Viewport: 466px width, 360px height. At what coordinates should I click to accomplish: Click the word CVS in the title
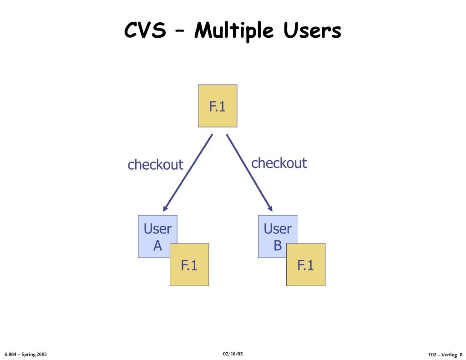pos(145,30)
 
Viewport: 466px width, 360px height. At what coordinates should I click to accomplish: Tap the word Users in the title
pos(312,30)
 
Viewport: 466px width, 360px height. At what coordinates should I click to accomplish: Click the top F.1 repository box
pos(218,106)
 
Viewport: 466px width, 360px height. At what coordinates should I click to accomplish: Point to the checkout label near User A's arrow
pos(155,164)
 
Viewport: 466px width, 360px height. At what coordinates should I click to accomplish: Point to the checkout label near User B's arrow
pos(279,163)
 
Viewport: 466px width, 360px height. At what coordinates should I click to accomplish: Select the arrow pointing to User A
pos(188,172)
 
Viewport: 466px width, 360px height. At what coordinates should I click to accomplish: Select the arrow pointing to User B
pos(248,172)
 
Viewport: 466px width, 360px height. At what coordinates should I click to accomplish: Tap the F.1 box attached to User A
pos(189,265)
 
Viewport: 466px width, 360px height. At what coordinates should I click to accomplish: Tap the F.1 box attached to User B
pos(306,265)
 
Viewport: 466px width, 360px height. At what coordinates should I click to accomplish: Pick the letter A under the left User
pos(157,246)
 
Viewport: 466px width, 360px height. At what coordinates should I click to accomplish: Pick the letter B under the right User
pos(278,246)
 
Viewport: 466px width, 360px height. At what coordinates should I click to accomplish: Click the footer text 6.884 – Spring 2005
pos(25,354)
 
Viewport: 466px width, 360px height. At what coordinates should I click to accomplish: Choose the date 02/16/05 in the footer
pos(233,354)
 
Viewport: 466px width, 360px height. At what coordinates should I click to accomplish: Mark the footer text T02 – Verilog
pos(442,355)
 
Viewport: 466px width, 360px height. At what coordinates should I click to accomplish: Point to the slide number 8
pos(461,355)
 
